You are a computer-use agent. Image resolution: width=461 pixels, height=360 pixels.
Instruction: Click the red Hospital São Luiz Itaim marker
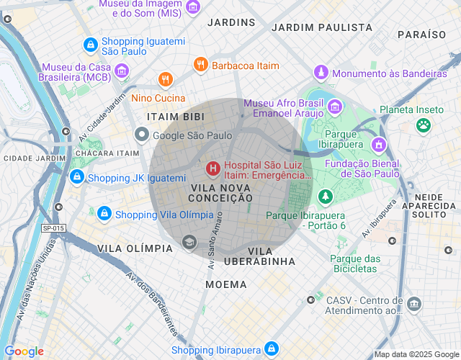(x=213, y=169)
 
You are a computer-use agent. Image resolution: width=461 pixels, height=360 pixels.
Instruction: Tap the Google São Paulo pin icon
(x=142, y=135)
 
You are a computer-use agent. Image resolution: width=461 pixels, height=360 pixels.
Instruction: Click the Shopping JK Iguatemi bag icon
(x=76, y=177)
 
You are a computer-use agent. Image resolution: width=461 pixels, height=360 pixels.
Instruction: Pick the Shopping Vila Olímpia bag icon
(x=104, y=214)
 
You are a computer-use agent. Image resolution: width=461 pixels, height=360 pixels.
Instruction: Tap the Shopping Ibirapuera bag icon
(x=272, y=349)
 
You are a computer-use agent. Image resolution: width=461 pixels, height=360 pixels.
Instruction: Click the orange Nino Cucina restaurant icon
(x=166, y=79)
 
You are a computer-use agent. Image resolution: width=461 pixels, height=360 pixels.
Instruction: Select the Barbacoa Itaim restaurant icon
(x=201, y=66)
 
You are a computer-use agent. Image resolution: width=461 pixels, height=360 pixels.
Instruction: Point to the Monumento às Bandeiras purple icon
(x=321, y=73)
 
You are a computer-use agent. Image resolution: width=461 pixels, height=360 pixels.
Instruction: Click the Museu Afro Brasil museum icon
(x=335, y=107)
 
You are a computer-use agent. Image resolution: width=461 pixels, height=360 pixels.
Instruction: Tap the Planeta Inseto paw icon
(x=424, y=125)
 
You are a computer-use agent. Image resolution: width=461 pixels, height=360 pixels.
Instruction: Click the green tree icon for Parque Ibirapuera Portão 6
(x=326, y=196)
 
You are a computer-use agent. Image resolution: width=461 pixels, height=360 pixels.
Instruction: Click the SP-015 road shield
(x=53, y=228)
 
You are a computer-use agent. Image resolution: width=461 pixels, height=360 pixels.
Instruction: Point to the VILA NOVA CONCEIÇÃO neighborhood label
(x=220, y=194)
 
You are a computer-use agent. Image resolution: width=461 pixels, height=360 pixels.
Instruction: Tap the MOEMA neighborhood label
(x=225, y=284)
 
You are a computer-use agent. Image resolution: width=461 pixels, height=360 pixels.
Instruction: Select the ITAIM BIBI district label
(x=175, y=117)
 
